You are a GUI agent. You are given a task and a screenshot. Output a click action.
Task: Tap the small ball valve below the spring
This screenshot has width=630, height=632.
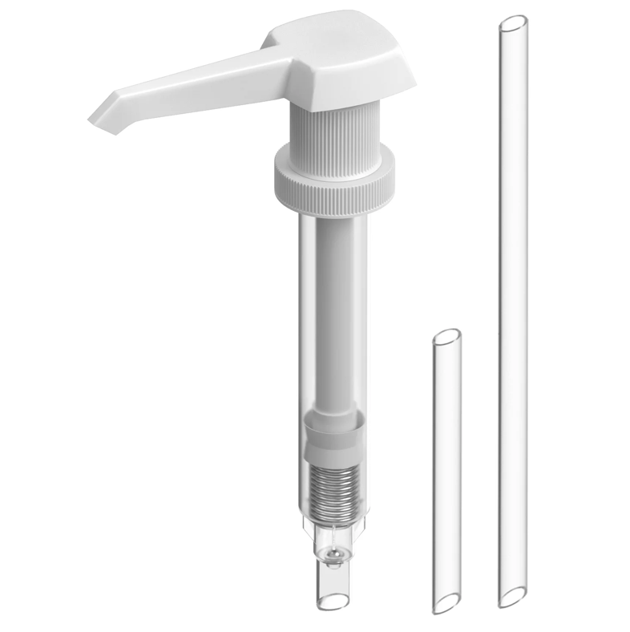coord(334,553)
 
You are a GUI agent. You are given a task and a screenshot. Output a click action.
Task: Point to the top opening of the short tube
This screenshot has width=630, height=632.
coord(446,336)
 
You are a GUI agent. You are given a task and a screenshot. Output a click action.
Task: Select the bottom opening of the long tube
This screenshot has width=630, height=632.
coord(512,597)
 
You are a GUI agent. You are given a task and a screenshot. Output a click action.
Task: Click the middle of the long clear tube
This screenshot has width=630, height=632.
coord(513,313)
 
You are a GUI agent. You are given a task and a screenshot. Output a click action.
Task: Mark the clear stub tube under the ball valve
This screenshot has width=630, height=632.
coord(333,581)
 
